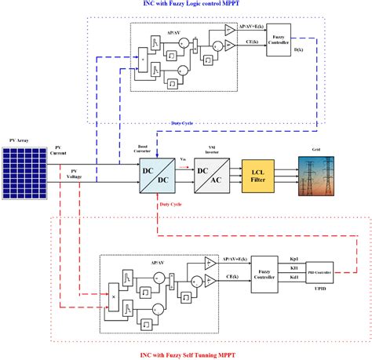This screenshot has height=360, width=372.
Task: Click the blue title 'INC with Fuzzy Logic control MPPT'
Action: click(210, 5)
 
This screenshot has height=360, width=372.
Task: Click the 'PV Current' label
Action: click(60, 150)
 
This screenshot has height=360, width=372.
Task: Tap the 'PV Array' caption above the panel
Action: click(20, 140)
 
